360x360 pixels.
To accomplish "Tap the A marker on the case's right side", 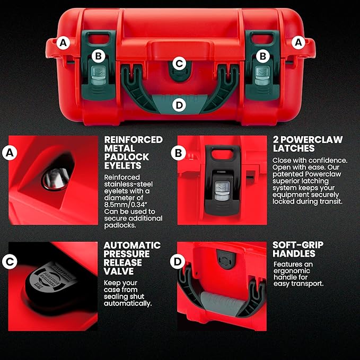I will point(298,41).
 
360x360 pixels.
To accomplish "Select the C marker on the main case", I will point(179,64).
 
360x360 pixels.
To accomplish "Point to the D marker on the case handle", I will point(179,104).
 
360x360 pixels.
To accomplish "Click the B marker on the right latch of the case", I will point(262,55).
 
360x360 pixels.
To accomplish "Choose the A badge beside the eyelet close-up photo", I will point(8,153).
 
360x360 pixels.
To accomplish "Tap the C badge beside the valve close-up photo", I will point(8,262).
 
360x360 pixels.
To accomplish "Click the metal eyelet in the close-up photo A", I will point(52,178).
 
